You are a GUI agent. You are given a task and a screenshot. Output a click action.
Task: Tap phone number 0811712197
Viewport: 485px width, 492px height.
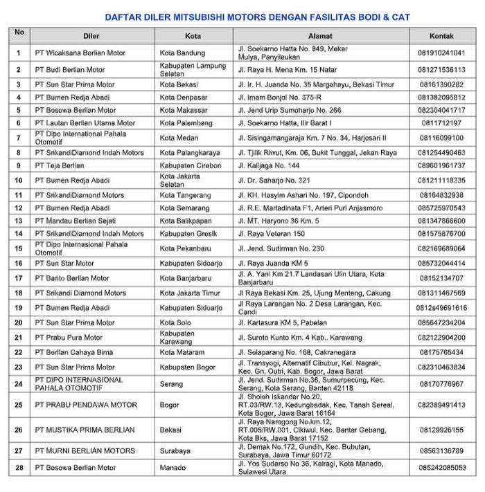pos(441,122)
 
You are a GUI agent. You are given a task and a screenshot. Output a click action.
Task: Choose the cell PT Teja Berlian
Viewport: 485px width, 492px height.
pos(60,166)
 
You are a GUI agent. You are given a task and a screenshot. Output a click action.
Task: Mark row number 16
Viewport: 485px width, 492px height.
pos(19,263)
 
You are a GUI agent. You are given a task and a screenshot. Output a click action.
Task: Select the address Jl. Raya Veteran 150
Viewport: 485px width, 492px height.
pos(271,234)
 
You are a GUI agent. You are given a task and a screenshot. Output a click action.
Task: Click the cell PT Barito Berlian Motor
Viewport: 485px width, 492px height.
pos(72,278)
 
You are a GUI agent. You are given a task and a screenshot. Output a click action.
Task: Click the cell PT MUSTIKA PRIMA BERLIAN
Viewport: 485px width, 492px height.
pos(85,430)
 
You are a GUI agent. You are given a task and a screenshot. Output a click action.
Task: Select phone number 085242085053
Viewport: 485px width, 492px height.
pos(441,468)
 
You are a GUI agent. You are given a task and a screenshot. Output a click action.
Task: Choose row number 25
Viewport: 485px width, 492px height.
pos(19,405)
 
